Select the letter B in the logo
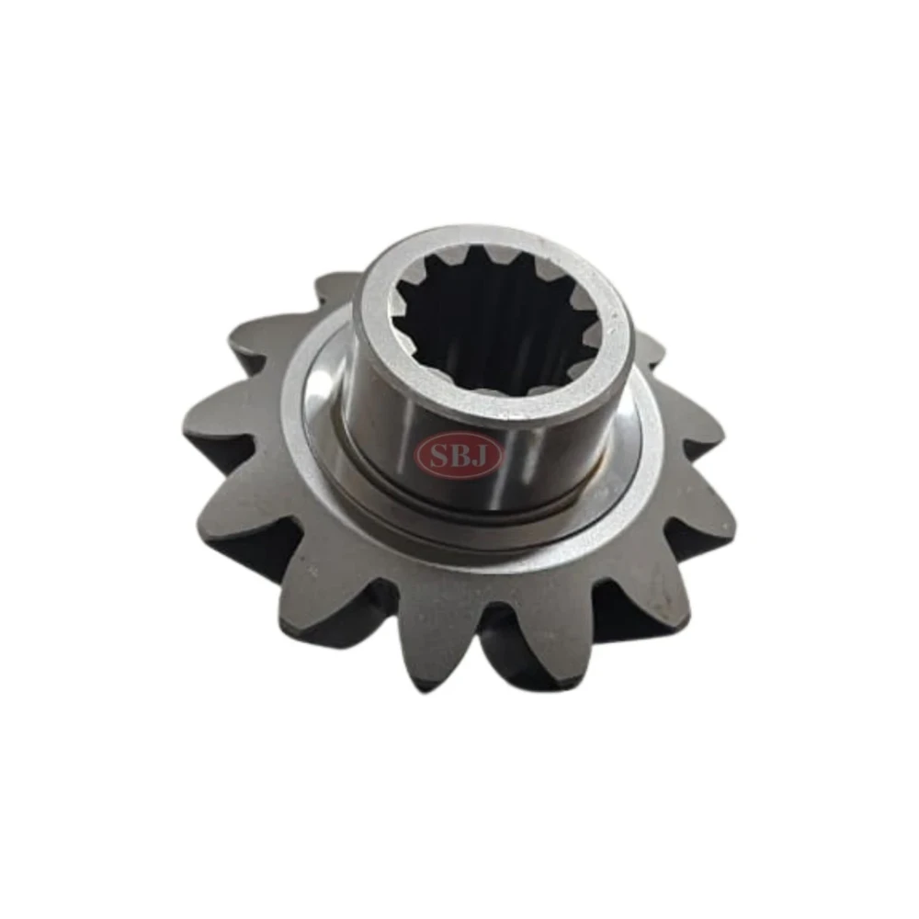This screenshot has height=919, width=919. (x=459, y=453)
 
